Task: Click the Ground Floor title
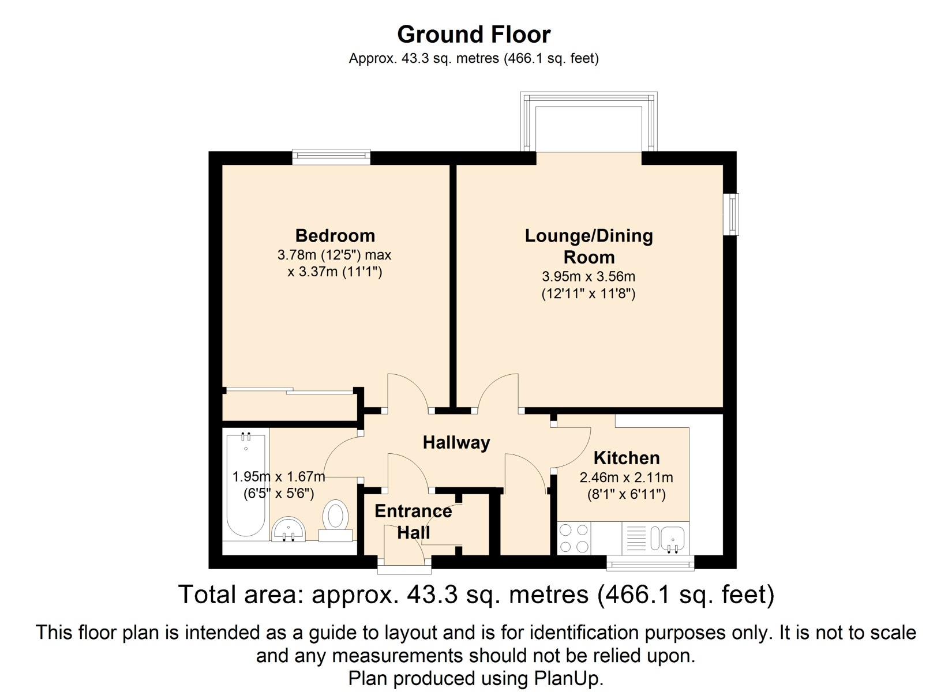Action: point(474,35)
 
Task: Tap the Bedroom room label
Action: point(335,236)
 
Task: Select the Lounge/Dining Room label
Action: point(589,246)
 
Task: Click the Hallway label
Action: point(456,443)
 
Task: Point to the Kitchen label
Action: point(627,458)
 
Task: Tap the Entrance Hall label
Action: point(413,522)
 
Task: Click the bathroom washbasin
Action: point(289,530)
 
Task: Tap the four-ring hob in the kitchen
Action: point(574,538)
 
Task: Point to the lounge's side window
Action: point(731,214)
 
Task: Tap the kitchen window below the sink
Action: point(650,563)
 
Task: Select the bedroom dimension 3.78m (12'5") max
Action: point(335,255)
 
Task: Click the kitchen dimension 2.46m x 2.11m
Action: point(626,477)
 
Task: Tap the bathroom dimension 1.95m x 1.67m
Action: point(279,477)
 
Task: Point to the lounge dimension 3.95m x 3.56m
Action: point(589,277)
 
